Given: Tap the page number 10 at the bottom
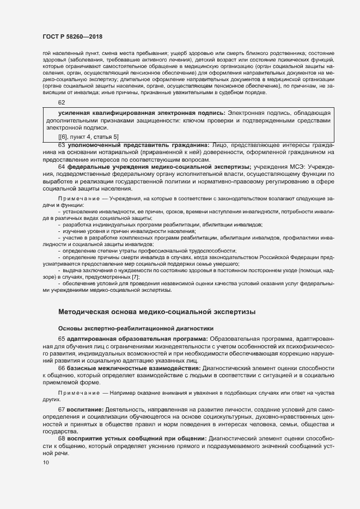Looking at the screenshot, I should point(45,463).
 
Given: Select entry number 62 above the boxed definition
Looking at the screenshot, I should point(62,103).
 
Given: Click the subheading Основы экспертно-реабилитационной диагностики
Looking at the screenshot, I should point(135,328).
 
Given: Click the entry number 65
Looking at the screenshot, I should point(62,339).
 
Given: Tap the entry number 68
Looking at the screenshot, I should point(62,438).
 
